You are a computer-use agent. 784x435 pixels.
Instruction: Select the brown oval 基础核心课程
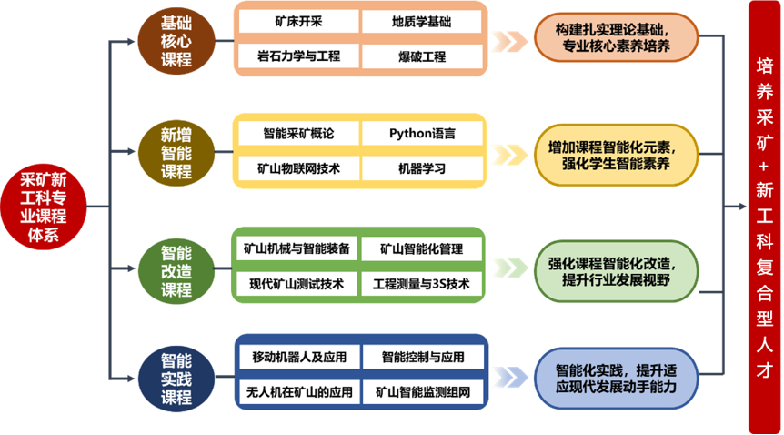tap(176, 41)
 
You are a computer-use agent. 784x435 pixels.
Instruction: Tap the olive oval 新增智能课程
tap(176, 152)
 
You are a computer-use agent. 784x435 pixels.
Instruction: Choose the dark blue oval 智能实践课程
tap(176, 377)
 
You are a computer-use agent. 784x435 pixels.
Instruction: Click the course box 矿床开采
tap(297, 22)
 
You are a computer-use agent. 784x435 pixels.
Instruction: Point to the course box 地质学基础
tap(421, 22)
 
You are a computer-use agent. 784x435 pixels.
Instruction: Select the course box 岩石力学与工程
tap(297, 56)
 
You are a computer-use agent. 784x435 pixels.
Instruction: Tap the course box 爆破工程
tap(421, 56)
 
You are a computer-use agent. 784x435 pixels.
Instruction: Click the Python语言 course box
tap(421, 134)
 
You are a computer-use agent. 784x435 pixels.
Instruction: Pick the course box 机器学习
tap(421, 168)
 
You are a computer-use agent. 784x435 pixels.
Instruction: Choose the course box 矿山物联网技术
tap(297, 168)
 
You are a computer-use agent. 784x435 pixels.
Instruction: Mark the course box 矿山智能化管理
tap(421, 248)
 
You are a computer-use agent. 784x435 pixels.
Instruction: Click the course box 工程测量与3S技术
tap(421, 284)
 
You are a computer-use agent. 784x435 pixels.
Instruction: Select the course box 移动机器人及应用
tap(297, 357)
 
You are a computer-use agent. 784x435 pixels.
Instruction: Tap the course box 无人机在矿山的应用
tap(297, 392)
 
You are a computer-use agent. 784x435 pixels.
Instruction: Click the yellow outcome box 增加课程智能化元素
tap(615, 152)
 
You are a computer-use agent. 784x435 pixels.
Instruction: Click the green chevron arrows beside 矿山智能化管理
tap(508, 267)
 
